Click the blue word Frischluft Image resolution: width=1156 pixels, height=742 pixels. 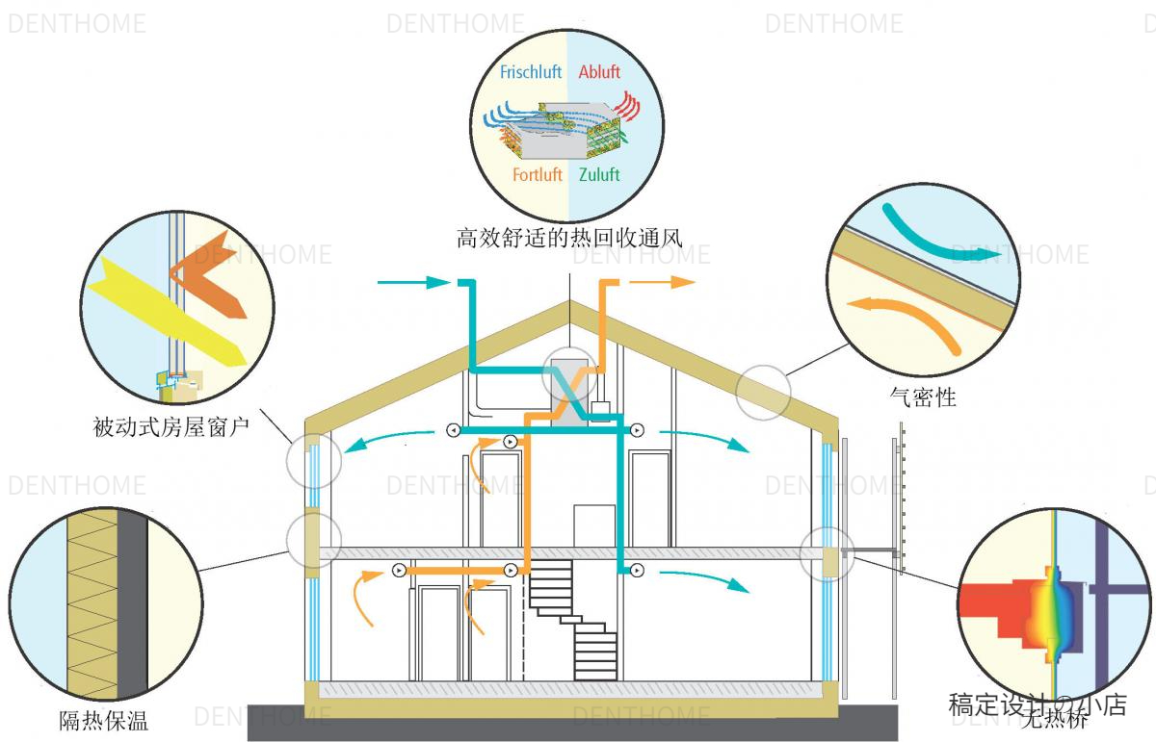click(x=530, y=72)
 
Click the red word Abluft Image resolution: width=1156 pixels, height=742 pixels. click(x=599, y=72)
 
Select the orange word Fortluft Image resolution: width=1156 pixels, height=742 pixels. click(x=538, y=175)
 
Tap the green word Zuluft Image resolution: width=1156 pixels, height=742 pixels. click(x=599, y=175)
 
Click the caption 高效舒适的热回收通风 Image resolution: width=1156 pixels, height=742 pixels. click(x=569, y=237)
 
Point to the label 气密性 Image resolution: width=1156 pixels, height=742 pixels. click(x=924, y=396)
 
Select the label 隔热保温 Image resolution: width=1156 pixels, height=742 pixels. click(x=104, y=720)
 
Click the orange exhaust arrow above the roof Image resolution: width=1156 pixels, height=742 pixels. click(x=665, y=282)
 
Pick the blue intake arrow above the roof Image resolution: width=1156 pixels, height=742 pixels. click(x=414, y=283)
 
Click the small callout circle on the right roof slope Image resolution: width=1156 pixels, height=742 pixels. click(x=763, y=391)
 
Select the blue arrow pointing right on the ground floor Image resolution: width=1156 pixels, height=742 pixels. click(x=704, y=577)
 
